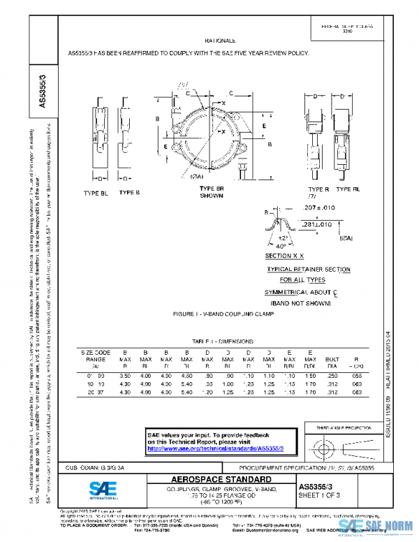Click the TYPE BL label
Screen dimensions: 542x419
point(96,192)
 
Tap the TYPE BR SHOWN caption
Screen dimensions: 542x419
point(211,192)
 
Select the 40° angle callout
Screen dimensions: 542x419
point(280,246)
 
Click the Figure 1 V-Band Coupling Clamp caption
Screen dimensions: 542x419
point(223,314)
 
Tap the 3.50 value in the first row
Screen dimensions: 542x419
point(126,376)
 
